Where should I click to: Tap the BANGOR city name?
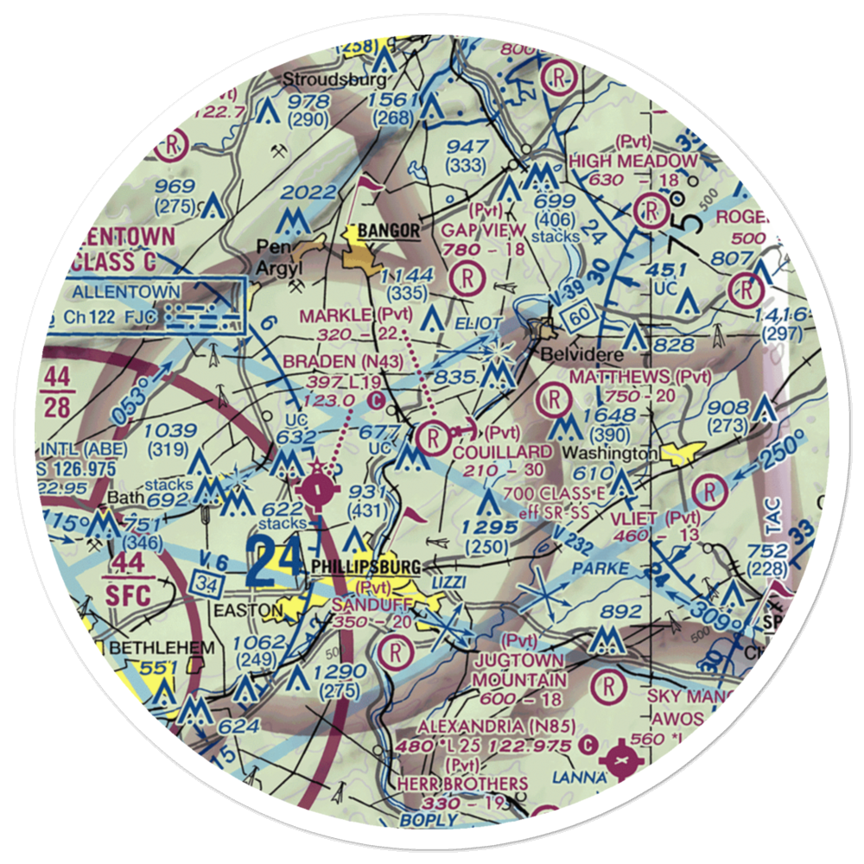coord(389,231)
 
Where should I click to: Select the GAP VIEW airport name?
coord(483,231)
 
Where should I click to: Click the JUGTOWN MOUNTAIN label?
coord(519,670)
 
